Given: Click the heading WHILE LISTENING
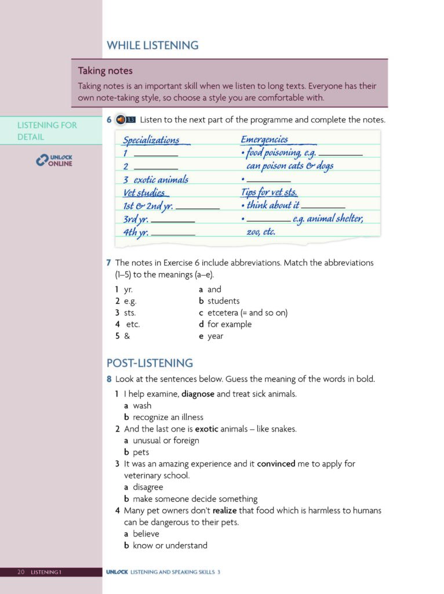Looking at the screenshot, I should (152, 45).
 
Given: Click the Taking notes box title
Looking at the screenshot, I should (105, 71).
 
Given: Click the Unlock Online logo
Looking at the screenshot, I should (54, 160).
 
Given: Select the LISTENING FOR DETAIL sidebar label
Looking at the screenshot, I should (47, 131).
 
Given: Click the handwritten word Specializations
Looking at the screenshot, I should (151, 140).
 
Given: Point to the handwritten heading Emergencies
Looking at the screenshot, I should (264, 139).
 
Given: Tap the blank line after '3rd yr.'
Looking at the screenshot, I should (173, 221).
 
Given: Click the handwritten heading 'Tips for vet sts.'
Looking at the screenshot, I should (269, 193).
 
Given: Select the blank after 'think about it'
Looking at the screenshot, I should (323, 207).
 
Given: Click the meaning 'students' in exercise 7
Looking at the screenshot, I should (223, 301).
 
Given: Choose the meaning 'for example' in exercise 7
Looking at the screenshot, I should (229, 324).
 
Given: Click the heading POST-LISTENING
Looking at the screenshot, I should (150, 363).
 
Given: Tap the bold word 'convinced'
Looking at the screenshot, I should (276, 463).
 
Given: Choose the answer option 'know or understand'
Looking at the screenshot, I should (170, 545).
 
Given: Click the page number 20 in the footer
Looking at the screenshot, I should (21, 573).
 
